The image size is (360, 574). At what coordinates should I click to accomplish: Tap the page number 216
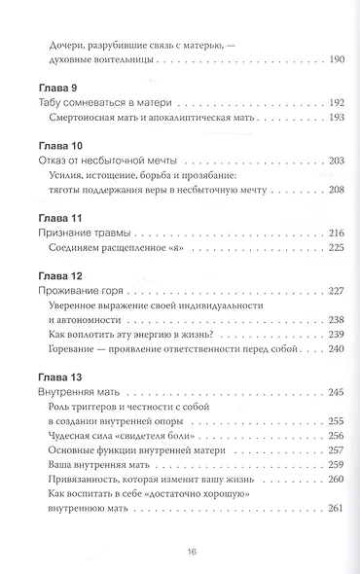[309, 234]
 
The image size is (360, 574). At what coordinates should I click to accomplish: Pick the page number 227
[309, 293]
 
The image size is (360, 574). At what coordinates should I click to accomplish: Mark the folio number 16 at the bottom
[179, 552]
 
